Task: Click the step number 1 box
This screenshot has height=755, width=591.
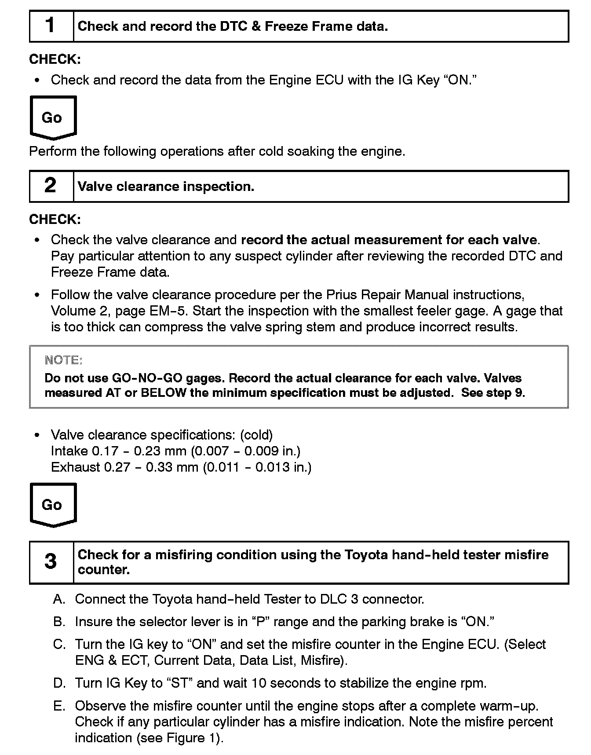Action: point(51,26)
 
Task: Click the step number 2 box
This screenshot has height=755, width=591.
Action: point(51,186)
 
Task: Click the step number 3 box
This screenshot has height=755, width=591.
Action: point(51,562)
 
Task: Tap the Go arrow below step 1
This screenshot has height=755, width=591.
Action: point(53,117)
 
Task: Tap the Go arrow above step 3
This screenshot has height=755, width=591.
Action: point(53,505)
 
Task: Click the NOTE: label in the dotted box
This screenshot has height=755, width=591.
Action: point(63,360)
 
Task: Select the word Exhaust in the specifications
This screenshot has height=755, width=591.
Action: point(75,467)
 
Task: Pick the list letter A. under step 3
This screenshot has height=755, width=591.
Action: point(59,599)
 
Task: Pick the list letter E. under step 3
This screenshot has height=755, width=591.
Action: point(59,706)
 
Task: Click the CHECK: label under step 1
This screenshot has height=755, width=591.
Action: point(55,59)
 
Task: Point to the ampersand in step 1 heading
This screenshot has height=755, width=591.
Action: point(256,26)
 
